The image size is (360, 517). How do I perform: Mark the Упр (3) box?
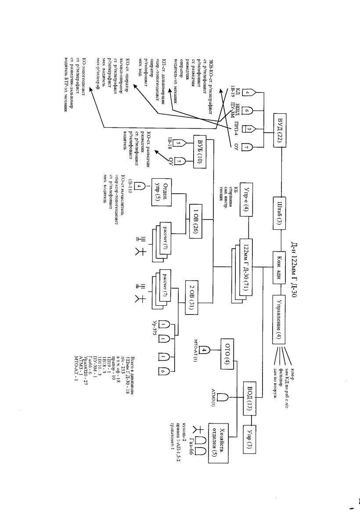click(258, 439)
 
